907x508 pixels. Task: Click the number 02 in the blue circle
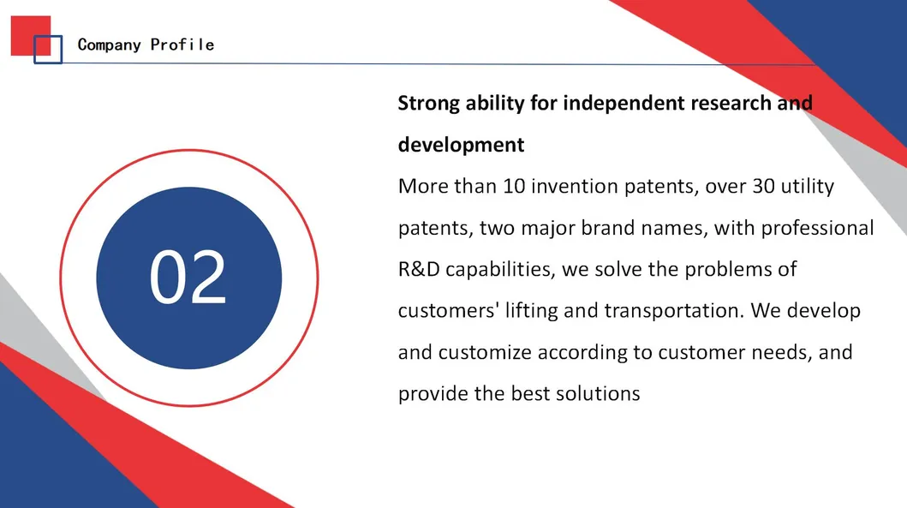coord(188,277)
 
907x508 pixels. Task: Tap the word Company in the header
coord(110,45)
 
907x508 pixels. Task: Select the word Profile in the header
coord(182,45)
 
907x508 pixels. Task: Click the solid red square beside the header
coord(31,35)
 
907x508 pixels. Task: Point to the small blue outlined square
coord(48,49)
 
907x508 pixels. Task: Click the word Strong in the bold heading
coord(428,104)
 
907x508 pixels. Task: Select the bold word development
coord(461,145)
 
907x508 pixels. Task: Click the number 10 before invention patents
coord(514,186)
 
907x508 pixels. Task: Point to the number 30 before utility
coord(764,186)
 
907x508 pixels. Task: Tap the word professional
coord(817,228)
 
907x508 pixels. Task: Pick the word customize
coord(485,352)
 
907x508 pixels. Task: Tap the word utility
coord(808,186)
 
